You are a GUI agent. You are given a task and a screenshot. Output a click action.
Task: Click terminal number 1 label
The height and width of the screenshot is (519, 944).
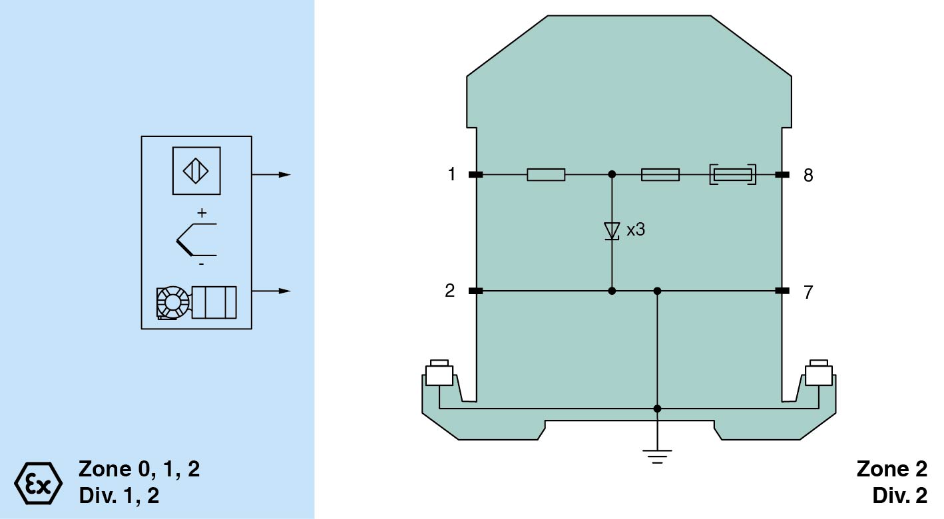click(x=452, y=174)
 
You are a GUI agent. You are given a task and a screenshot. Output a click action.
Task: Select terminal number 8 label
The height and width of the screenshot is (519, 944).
click(x=808, y=175)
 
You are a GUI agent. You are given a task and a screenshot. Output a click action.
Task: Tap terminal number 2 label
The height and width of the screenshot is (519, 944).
click(x=450, y=291)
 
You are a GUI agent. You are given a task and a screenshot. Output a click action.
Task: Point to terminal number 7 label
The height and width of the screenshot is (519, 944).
click(x=808, y=292)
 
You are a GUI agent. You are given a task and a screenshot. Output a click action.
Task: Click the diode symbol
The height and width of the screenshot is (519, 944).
click(x=612, y=232)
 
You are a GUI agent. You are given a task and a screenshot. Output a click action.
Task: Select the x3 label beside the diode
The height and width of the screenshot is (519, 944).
click(x=636, y=230)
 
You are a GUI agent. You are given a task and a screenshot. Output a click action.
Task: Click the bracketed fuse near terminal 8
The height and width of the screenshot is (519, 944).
click(x=733, y=174)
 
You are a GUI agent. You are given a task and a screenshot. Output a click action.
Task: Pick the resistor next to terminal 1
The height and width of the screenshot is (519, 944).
click(x=546, y=174)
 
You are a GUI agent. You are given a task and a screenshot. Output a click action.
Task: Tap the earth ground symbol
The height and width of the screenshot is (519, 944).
click(x=657, y=456)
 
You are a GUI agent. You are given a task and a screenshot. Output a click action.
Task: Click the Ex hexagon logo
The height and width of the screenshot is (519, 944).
click(x=39, y=483)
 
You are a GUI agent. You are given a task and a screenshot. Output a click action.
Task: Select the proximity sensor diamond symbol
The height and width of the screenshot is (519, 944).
click(x=196, y=170)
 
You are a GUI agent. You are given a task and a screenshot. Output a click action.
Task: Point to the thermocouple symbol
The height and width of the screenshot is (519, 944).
click(x=196, y=240)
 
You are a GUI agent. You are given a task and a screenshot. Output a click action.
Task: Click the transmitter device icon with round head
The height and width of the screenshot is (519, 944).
click(x=196, y=303)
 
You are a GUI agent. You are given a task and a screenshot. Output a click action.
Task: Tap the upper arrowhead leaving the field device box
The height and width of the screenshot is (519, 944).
click(x=285, y=174)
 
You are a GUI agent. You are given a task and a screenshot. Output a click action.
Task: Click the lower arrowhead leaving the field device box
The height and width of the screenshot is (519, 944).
click(x=285, y=291)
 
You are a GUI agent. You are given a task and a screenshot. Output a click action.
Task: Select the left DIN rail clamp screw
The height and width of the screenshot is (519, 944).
click(x=439, y=373)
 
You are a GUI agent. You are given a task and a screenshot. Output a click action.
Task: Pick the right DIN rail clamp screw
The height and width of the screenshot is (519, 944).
click(x=819, y=373)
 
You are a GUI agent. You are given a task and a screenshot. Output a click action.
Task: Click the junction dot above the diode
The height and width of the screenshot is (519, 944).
click(x=612, y=174)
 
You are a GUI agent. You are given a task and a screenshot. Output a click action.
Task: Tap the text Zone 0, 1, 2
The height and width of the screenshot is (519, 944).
click(x=139, y=469)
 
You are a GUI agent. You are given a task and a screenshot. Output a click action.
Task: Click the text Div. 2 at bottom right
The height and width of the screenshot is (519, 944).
click(x=900, y=496)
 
